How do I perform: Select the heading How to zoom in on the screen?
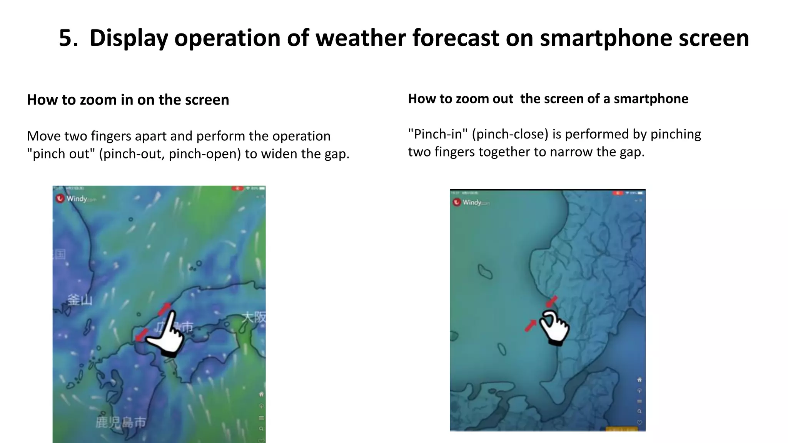pos(128,100)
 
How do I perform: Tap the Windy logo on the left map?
pos(76,199)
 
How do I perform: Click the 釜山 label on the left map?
pos(80,300)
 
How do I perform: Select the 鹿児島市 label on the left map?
pos(120,422)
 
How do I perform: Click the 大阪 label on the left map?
pos(254,317)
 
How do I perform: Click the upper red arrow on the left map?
pos(164,308)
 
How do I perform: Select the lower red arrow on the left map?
pos(141,335)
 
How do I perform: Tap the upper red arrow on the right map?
pos(552,301)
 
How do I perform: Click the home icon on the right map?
pos(639,380)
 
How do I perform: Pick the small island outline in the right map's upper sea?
pos(485,271)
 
